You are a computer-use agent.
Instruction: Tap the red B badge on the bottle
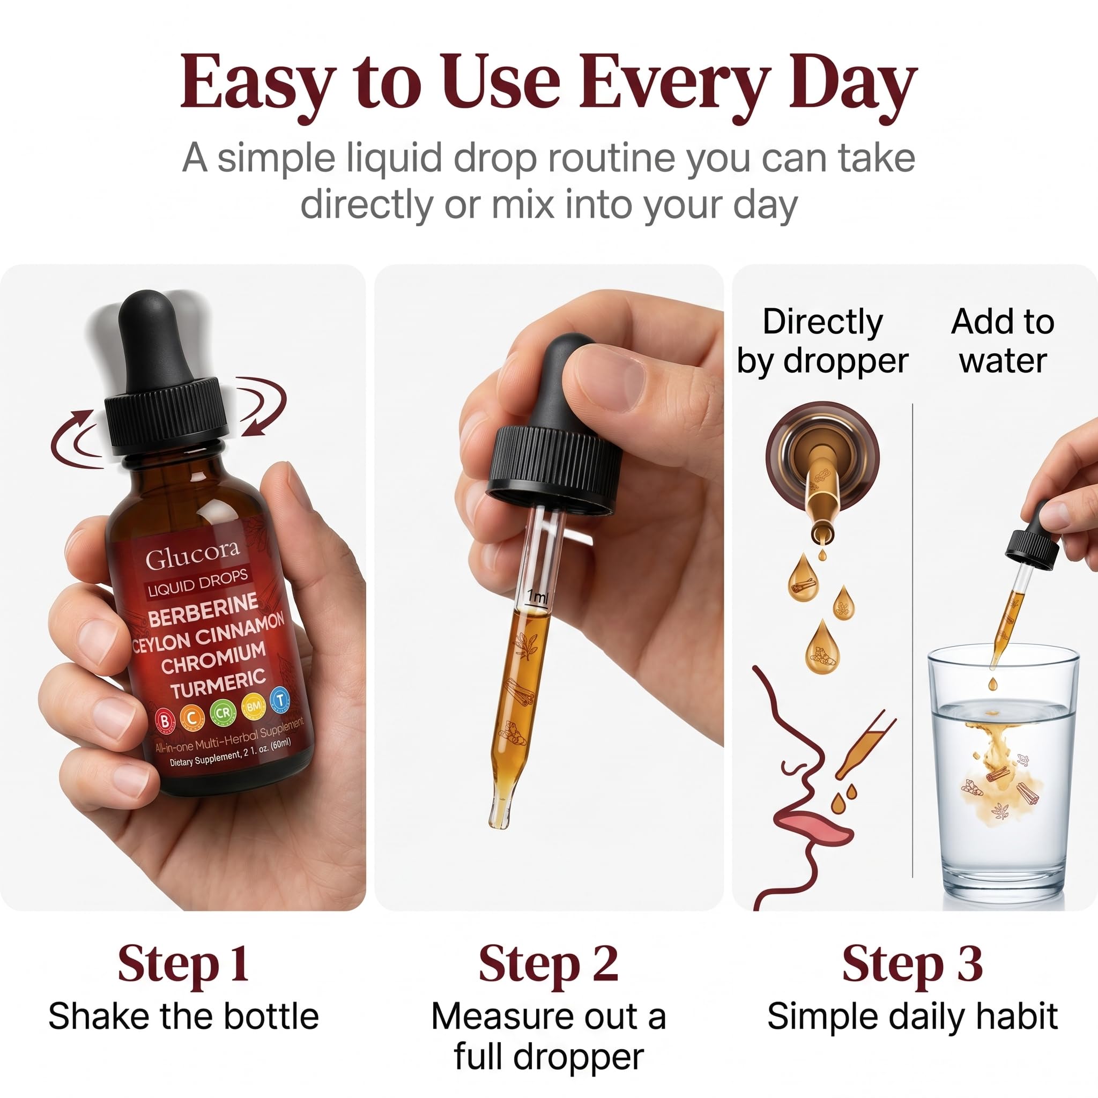[164, 721]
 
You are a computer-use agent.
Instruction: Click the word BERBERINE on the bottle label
[203, 610]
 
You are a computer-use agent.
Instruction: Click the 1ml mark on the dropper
[537, 597]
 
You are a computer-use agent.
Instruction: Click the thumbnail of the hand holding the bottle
[183, 587]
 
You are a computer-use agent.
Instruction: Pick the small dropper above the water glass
[1020, 585]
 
